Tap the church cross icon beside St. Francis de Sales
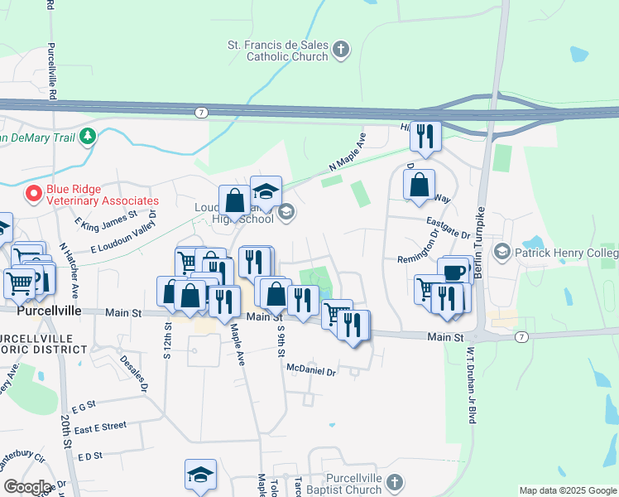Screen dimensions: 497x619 pyautogui.click(x=341, y=51)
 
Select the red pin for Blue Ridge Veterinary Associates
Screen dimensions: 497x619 pyautogui.click(x=34, y=194)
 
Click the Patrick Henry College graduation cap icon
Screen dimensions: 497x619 pyautogui.click(x=501, y=251)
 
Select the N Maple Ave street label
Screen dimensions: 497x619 pyautogui.click(x=347, y=152)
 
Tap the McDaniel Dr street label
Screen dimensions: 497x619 pyautogui.click(x=310, y=370)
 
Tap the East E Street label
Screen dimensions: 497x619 pyautogui.click(x=100, y=426)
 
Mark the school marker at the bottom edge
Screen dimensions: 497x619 pyautogui.click(x=200, y=475)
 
